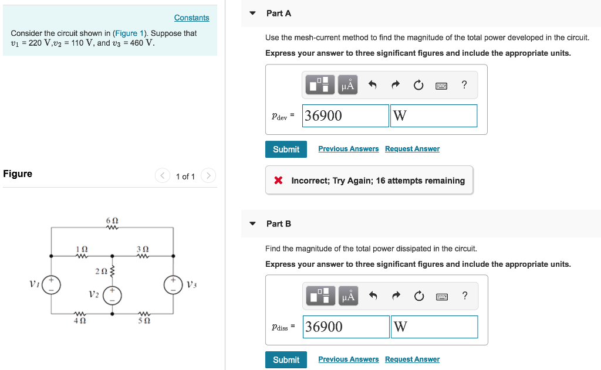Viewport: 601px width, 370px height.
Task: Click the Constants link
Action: [x=191, y=18]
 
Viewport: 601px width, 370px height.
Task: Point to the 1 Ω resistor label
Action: [x=82, y=249]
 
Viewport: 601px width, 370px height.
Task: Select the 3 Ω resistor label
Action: [x=143, y=249]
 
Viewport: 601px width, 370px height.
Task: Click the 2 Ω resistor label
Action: [x=100, y=271]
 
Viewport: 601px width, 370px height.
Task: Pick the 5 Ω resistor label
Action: [x=143, y=321]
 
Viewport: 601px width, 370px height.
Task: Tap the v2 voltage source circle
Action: [x=113, y=295]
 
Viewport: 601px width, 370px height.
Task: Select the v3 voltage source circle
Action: [x=173, y=284]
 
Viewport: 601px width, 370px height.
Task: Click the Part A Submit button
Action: [x=286, y=150]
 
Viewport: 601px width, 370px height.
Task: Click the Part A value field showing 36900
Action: [x=346, y=116]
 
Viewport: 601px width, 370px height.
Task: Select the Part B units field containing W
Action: [x=434, y=327]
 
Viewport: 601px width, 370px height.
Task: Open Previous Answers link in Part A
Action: [x=349, y=149]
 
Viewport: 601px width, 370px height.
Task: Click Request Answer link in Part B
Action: [x=412, y=359]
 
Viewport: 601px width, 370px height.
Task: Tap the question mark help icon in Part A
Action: [x=464, y=85]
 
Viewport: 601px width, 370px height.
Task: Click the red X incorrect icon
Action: [x=279, y=181]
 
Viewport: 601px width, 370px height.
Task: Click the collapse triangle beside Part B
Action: [x=253, y=223]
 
